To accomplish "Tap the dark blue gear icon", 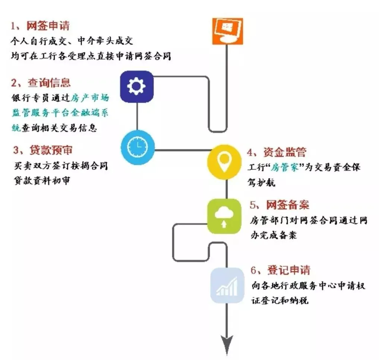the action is (x=137, y=87).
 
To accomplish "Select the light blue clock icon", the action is (x=137, y=147).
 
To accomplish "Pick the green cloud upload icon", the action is (x=224, y=216).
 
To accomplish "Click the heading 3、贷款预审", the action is (x=42, y=150).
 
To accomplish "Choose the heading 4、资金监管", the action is (x=276, y=152).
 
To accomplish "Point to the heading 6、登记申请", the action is (x=280, y=270).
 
